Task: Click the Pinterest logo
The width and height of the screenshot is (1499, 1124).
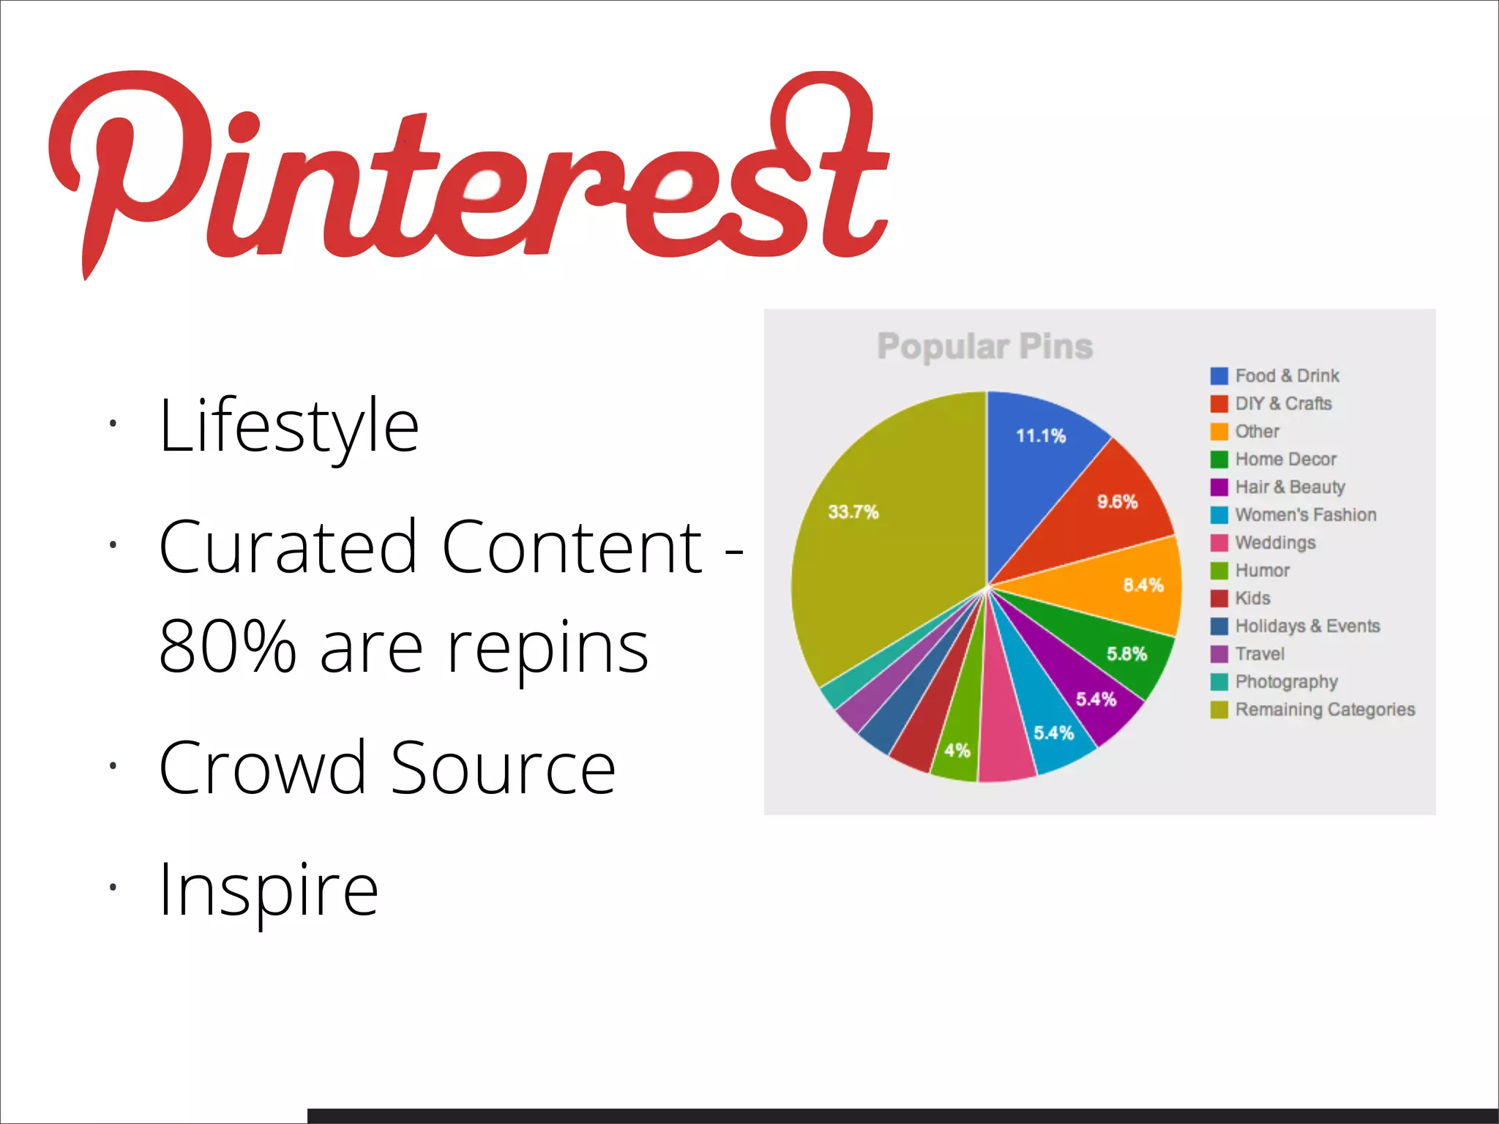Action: coord(468,172)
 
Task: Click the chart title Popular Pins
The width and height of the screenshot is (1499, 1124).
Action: coord(984,346)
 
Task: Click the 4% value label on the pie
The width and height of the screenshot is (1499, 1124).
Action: coord(957,750)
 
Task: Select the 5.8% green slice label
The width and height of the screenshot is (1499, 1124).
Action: coord(1126,653)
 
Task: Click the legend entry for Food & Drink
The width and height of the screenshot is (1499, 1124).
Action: coord(1287,375)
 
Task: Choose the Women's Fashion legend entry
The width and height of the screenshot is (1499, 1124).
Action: coord(1305,514)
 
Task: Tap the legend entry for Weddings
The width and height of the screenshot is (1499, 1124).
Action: coord(1275,542)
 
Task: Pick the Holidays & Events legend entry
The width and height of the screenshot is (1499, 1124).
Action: coord(1307,626)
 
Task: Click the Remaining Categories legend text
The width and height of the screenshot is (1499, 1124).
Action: coord(1325,709)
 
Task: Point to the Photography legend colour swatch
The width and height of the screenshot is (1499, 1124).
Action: coord(1219,681)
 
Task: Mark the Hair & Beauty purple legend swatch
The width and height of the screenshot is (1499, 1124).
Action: coord(1219,487)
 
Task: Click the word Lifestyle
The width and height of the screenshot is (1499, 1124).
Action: coord(288,427)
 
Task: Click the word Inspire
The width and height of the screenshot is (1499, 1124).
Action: coord(269,890)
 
